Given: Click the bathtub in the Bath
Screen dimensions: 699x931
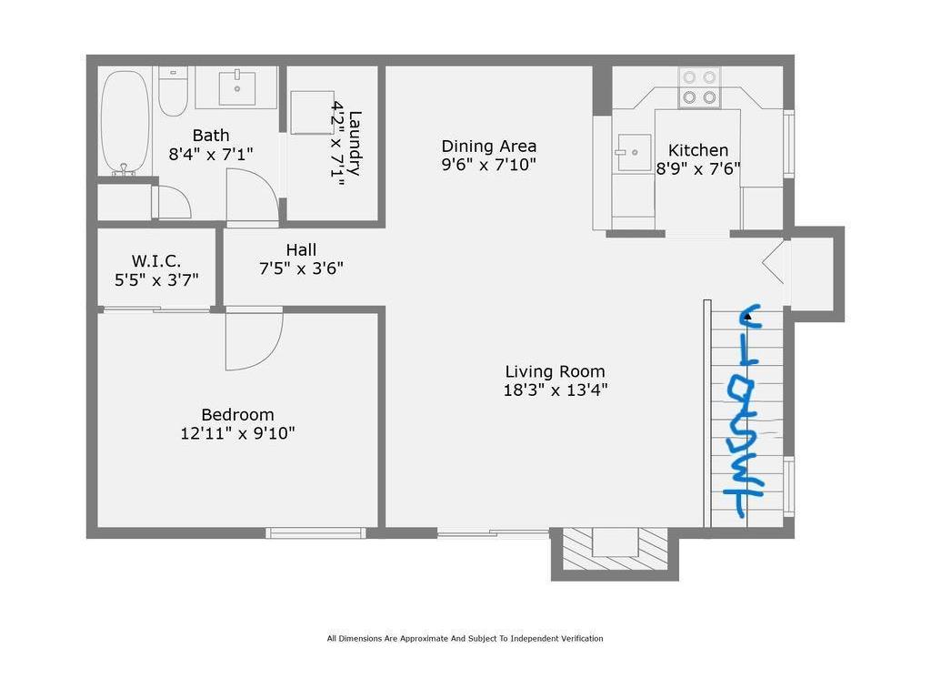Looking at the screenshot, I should [125, 122].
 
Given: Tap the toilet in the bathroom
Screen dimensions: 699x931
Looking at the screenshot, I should [173, 92].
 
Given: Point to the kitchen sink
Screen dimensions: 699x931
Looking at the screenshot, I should [634, 151].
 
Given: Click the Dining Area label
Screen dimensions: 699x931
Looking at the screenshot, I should [489, 146].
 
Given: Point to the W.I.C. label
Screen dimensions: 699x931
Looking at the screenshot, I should [156, 261].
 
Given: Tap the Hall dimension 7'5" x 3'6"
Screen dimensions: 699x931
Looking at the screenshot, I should [301, 268].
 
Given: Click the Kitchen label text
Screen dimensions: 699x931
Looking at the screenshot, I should [698, 150].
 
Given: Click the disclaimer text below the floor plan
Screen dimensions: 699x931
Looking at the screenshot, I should [465, 639].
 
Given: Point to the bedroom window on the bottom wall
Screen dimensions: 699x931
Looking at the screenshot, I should [316, 532].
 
